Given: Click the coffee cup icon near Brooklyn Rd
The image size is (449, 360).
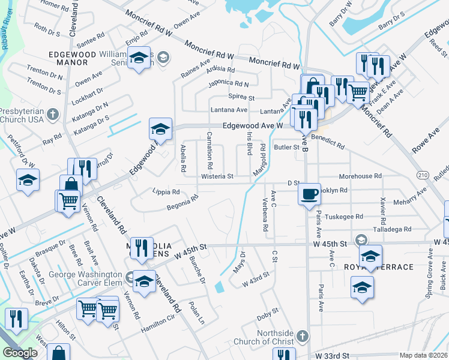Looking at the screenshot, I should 309,194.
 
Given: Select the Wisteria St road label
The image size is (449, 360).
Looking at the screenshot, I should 217,176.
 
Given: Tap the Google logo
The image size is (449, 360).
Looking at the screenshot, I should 20,353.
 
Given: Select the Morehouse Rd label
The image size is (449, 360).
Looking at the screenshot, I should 360,176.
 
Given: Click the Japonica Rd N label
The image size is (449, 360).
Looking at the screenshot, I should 228,84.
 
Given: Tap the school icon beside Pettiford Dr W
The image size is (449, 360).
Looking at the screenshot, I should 28,180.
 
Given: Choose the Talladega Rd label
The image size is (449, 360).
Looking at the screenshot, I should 391,229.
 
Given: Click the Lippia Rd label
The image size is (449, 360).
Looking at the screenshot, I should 166,192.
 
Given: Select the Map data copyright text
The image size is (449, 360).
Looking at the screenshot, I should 423,355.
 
